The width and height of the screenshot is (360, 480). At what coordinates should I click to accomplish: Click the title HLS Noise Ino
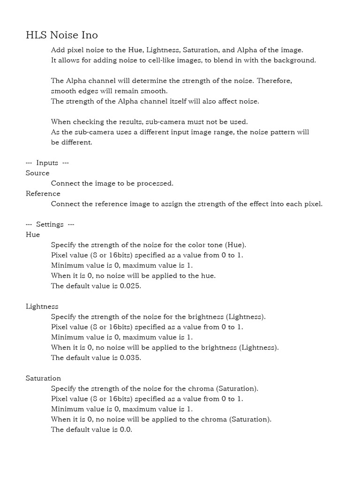(61, 35)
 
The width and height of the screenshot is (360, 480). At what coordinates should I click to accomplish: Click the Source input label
(37, 173)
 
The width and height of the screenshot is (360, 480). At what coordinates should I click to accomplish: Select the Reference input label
(43, 194)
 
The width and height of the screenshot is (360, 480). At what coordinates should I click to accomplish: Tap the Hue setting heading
(33, 234)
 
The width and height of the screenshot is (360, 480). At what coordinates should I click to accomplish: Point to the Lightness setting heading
(42, 307)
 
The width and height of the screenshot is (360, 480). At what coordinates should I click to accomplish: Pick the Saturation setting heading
(44, 378)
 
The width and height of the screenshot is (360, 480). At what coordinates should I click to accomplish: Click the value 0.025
(130, 286)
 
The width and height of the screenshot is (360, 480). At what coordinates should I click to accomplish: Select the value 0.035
(130, 358)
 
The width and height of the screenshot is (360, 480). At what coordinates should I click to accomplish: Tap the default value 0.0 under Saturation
(126, 429)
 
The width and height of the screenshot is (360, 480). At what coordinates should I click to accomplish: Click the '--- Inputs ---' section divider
(47, 163)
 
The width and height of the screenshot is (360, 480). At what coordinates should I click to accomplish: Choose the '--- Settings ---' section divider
(50, 224)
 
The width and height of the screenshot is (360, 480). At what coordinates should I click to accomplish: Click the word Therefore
(274, 81)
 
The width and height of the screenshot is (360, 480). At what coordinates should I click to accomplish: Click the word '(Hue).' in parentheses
(235, 245)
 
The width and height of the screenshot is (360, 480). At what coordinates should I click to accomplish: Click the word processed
(156, 183)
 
